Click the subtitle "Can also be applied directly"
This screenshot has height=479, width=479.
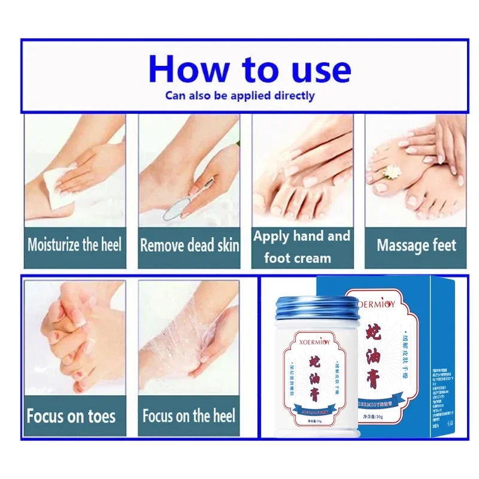tap(239, 95)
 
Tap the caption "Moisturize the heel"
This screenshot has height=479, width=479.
tap(75, 244)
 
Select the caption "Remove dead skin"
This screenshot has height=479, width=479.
tap(189, 245)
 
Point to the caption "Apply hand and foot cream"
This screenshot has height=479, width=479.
tap(301, 247)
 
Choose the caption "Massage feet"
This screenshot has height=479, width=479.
tap(416, 245)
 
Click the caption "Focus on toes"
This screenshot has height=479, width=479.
tap(71, 416)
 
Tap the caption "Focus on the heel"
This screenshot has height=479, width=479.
tap(189, 416)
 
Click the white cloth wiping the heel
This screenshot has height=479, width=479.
tap(60, 186)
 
